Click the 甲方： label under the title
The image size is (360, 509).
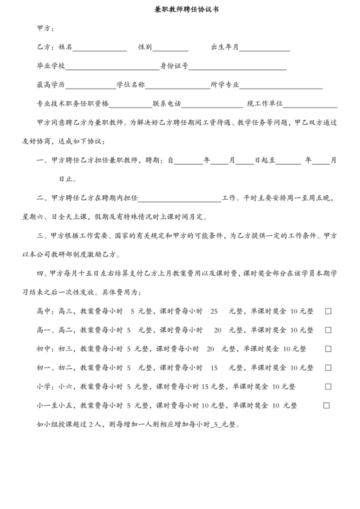click(x=46, y=28)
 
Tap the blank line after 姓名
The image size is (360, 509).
click(x=100, y=49)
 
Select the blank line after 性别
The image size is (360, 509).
click(x=170, y=49)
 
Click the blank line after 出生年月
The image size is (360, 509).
click(x=265, y=49)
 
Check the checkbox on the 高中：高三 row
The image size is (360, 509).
click(x=328, y=311)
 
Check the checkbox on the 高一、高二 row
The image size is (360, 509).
click(x=328, y=330)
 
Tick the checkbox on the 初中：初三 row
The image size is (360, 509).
click(x=328, y=349)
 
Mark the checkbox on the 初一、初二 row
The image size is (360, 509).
click(x=328, y=368)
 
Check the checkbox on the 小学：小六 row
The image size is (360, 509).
click(x=328, y=387)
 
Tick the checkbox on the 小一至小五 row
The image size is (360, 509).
click(x=327, y=406)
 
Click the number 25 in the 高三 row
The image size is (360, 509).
click(x=214, y=311)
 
